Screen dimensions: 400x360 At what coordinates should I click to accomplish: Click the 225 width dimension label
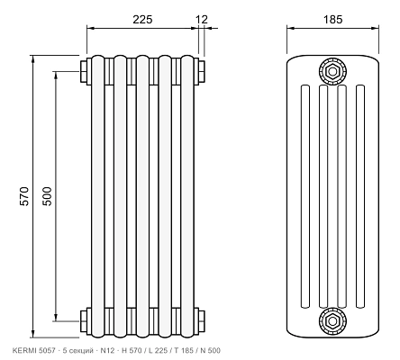[142, 20]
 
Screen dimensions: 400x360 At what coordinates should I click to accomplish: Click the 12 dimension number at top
[202, 20]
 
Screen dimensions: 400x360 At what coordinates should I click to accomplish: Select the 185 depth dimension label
[332, 20]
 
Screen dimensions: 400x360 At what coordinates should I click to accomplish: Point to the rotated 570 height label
[24, 196]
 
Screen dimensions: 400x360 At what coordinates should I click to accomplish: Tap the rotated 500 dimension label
[47, 196]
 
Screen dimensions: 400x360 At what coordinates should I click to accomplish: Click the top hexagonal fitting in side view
[332, 71]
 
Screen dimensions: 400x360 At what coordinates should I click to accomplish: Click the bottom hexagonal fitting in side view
[332, 321]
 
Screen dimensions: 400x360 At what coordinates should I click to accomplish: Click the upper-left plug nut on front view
[84, 71]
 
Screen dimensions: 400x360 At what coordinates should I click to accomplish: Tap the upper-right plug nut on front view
[202, 71]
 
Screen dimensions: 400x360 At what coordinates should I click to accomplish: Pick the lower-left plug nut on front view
[84, 321]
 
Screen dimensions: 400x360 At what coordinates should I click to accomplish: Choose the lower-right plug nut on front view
[202, 321]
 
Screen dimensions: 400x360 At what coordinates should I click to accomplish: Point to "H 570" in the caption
[132, 350]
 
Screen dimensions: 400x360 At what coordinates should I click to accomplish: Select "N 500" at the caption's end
[210, 350]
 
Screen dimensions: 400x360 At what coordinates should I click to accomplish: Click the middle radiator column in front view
[142, 196]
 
